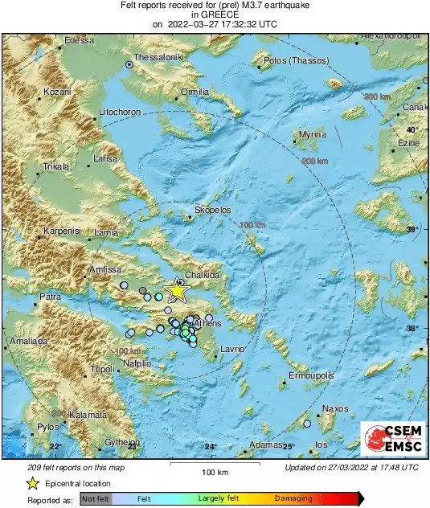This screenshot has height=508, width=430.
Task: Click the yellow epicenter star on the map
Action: (x=174, y=291)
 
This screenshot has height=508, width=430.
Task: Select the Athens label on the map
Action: (x=208, y=323)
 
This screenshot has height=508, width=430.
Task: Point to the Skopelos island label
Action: (x=213, y=210)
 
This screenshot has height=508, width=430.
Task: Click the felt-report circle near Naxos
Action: (x=306, y=423)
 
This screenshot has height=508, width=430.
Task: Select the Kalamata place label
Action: (x=88, y=415)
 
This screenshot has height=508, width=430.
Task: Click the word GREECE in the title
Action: (x=215, y=14)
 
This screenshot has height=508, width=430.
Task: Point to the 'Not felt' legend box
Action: (x=96, y=499)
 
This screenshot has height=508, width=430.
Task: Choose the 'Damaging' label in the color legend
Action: (x=293, y=499)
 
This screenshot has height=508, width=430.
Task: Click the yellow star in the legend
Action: (x=32, y=483)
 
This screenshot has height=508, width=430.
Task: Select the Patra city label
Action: (x=51, y=297)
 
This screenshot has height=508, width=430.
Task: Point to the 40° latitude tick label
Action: (x=412, y=129)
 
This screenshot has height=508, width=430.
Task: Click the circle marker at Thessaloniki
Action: (x=129, y=64)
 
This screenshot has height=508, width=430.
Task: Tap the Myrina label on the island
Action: (x=312, y=134)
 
